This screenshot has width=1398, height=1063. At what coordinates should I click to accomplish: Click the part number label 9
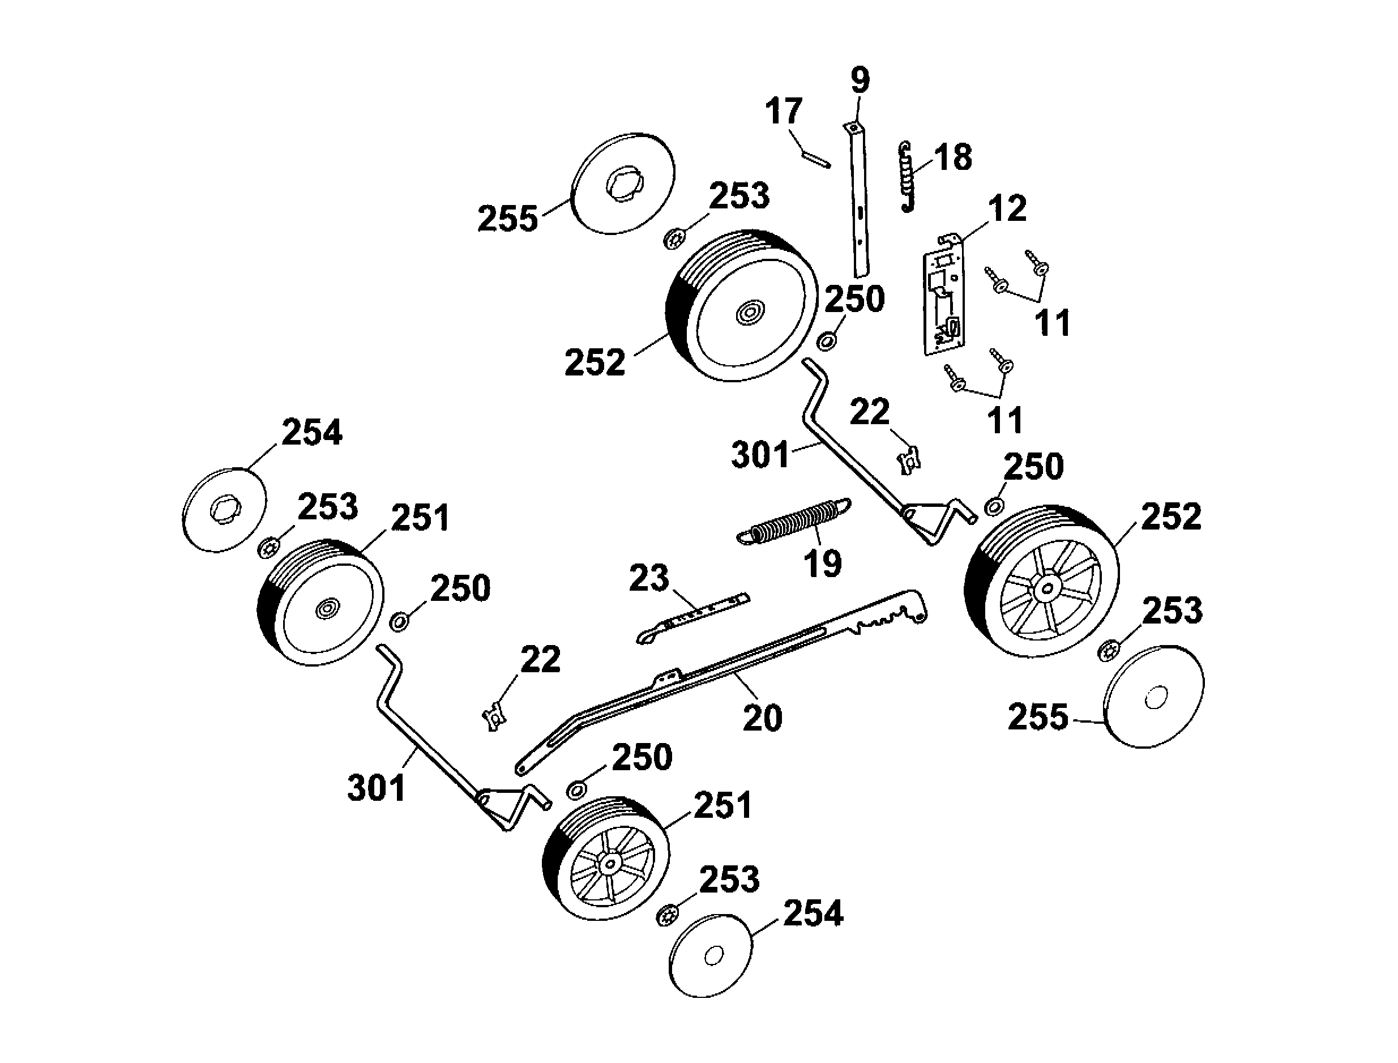coord(860,81)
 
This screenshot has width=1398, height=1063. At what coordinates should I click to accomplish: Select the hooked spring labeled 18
coord(908,177)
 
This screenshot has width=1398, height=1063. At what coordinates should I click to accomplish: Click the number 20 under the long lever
coord(762,718)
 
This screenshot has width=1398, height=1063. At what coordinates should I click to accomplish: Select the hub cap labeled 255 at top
coord(623,183)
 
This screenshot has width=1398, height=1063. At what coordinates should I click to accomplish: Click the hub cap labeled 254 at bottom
coord(711,955)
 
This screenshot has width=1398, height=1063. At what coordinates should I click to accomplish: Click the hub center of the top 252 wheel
coord(750,312)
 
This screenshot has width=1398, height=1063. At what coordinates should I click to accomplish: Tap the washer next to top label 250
coord(826,342)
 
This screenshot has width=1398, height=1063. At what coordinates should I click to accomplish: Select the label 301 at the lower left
coord(377,788)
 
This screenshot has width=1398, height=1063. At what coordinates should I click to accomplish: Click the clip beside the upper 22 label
coord(909,459)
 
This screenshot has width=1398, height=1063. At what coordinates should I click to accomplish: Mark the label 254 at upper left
coord(312,433)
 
